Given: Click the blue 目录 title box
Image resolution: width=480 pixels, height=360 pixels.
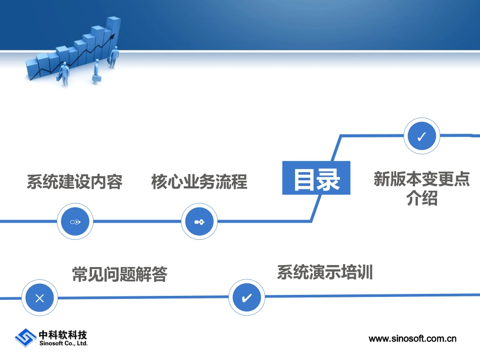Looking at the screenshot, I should point(316,178).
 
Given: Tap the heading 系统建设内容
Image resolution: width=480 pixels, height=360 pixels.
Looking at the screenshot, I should point(75,182).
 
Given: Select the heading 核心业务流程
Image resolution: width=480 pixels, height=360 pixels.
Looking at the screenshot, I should point(200,182).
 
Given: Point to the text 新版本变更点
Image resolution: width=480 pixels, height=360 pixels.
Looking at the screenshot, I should point(421,179).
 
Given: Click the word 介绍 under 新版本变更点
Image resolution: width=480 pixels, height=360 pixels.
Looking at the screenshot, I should point(421,198).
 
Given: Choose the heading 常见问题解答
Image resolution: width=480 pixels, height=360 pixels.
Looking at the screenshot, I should point(120,274).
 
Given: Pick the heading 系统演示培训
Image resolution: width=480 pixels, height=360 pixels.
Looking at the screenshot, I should point(325,272).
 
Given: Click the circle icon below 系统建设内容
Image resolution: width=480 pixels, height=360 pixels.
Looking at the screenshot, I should point(75,221).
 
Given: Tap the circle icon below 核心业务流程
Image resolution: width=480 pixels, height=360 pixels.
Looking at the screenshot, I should point(200,221).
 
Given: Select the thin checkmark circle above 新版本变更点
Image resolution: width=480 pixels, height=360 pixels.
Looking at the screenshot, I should point(422,136).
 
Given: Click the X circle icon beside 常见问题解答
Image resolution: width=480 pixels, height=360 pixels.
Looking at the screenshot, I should point(39,298).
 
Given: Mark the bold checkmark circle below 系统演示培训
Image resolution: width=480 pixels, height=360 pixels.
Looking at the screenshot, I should point(247,297).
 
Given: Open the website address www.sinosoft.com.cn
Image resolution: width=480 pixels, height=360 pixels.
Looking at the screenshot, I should point(412,339).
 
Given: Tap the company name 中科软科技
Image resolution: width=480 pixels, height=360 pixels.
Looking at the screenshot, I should point(63,335).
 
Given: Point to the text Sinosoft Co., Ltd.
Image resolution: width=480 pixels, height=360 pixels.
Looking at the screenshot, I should point(63,343).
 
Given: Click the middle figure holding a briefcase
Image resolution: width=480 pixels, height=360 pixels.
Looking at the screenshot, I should point(96,72).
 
